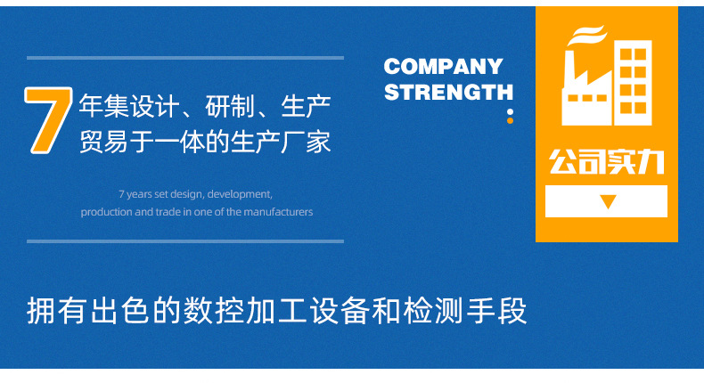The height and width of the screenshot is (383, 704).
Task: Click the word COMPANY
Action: pyautogui.click(x=443, y=67)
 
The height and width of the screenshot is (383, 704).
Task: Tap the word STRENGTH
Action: pyautogui.click(x=448, y=92)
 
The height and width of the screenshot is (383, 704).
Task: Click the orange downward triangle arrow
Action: pyautogui.click(x=608, y=202)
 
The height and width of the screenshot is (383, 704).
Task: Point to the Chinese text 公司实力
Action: pyautogui.click(x=606, y=164)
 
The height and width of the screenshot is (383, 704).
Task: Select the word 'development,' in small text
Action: pyautogui.click(x=239, y=193)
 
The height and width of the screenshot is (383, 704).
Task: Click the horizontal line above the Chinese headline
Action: pyautogui.click(x=184, y=58)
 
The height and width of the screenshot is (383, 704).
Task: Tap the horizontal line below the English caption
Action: pyautogui.click(x=184, y=240)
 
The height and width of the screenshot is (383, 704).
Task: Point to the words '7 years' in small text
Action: pyautogui.click(x=134, y=193)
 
